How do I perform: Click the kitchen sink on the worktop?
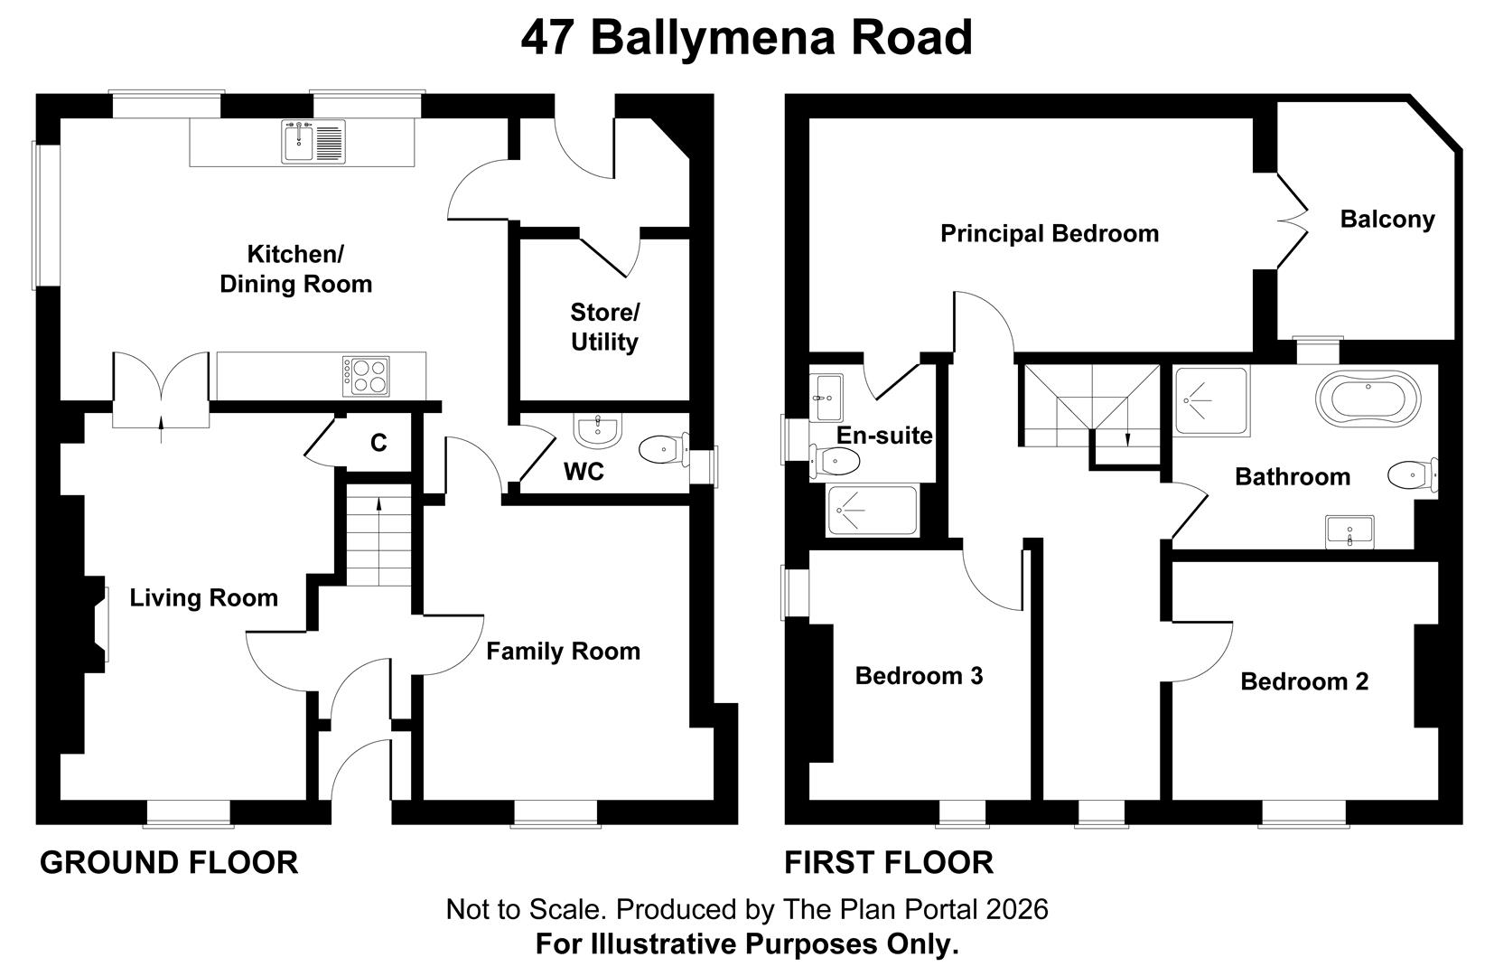click(x=313, y=142)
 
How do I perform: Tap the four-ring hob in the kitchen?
click(x=366, y=376)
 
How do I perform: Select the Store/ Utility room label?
click(x=604, y=327)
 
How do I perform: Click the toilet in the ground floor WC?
click(x=664, y=450)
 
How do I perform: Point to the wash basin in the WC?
click(x=598, y=430)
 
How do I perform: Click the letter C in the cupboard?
click(x=378, y=443)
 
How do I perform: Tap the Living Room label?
click(x=203, y=597)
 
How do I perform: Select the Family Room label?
click(x=563, y=651)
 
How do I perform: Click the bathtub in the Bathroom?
click(x=1368, y=399)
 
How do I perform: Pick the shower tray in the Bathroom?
click(x=1211, y=401)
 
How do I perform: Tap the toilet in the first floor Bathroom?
click(x=1413, y=475)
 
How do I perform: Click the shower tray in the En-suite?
click(x=873, y=511)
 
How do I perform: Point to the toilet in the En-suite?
click(x=835, y=460)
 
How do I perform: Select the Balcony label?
click(x=1387, y=220)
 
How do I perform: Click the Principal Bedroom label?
click(x=1049, y=233)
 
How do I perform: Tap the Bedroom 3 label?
click(x=920, y=676)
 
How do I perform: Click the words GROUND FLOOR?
click(x=169, y=863)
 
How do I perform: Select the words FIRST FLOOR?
click(x=889, y=863)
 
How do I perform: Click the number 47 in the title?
click(x=547, y=37)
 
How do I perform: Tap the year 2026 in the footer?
click(x=1016, y=909)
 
